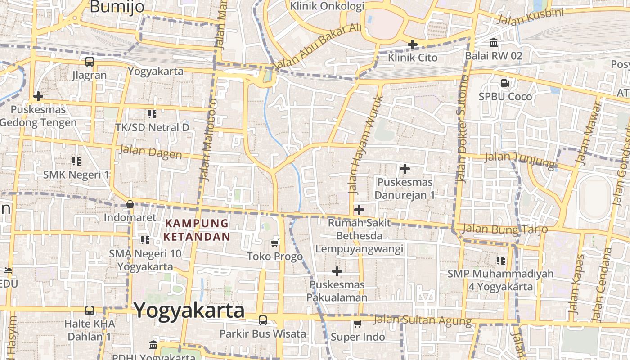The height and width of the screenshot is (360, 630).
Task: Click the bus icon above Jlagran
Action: (x=90, y=62)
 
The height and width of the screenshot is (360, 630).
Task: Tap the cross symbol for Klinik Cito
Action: (x=412, y=45)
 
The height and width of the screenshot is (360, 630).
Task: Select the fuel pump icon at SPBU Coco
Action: (x=505, y=83)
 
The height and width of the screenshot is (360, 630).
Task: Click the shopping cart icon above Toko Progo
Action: (x=275, y=243)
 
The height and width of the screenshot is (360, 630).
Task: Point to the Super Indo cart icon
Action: (x=358, y=324)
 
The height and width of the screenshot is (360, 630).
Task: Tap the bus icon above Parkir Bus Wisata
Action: (x=262, y=320)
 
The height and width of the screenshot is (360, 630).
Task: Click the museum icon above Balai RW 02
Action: (x=494, y=43)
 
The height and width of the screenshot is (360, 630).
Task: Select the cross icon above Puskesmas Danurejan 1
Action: (x=405, y=169)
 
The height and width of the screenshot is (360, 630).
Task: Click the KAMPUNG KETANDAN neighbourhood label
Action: (x=197, y=230)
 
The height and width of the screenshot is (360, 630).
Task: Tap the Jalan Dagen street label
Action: (x=150, y=151)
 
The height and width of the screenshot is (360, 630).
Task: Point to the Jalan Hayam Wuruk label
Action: (x=365, y=144)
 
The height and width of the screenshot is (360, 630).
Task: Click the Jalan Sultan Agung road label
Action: (x=423, y=320)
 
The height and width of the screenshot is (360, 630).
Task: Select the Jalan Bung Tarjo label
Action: (x=505, y=229)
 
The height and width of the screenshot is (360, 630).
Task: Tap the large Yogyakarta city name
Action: (x=189, y=310)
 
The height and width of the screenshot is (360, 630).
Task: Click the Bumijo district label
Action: (x=117, y=7)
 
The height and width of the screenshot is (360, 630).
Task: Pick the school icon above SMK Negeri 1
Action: (x=76, y=161)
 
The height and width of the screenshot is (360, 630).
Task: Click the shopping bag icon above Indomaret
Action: (x=130, y=204)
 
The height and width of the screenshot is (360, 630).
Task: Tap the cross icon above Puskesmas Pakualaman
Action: (x=337, y=271)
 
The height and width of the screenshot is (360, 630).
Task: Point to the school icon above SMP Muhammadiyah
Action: (x=500, y=260)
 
